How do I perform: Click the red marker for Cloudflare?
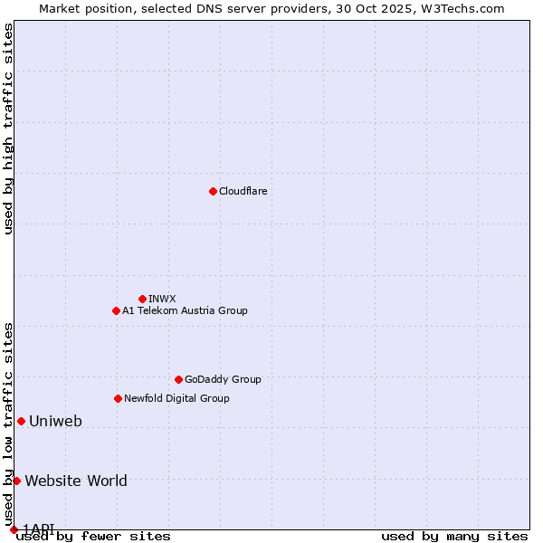pyautogui.click(x=213, y=191)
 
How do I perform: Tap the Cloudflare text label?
pyautogui.click(x=243, y=191)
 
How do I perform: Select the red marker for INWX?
pyautogui.click(x=142, y=299)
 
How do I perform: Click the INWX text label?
pyautogui.click(x=162, y=299)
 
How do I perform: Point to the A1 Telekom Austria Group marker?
pyautogui.click(x=116, y=310)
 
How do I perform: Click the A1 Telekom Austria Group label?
pyautogui.click(x=185, y=310)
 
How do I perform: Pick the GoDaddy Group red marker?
pyautogui.click(x=178, y=379)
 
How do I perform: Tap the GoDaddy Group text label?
pyautogui.click(x=223, y=379)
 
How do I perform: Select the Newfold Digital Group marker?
pyautogui.click(x=118, y=398)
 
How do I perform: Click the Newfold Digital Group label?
pyautogui.click(x=176, y=398)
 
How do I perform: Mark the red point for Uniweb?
pyautogui.click(x=21, y=421)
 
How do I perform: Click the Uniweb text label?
pyautogui.click(x=55, y=421)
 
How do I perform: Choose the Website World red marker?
pyautogui.click(x=16, y=481)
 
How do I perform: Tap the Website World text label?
pyautogui.click(x=76, y=481)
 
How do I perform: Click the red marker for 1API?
pyautogui.click(x=14, y=529)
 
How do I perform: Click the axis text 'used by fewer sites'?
pyautogui.click(x=93, y=537)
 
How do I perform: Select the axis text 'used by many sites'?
pyautogui.click(x=454, y=537)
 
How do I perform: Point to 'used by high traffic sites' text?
pyautogui.click(x=8, y=129)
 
